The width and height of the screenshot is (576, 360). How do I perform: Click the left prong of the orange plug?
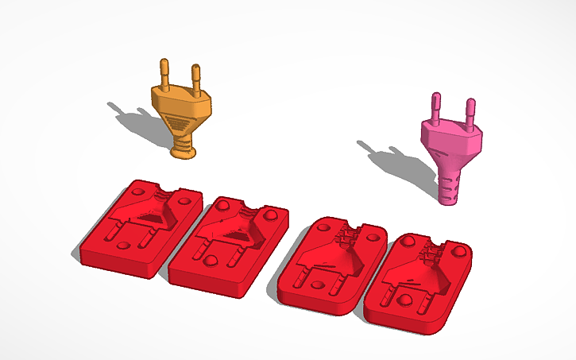[x=164, y=72]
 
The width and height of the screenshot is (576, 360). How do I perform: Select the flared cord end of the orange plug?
[x=184, y=149]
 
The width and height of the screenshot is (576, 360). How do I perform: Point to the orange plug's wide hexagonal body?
[x=182, y=103]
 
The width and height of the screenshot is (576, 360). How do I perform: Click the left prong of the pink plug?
[x=436, y=106]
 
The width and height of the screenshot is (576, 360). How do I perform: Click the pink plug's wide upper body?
[x=453, y=140]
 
